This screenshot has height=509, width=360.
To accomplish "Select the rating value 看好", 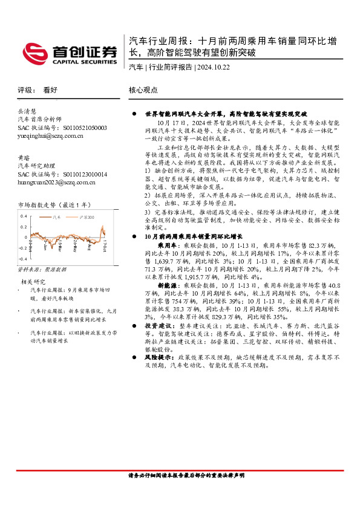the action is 50,89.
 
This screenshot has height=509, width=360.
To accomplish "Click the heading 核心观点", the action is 143,89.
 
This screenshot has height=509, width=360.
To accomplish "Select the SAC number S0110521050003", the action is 85,128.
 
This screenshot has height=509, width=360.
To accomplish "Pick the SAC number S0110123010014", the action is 85,174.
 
